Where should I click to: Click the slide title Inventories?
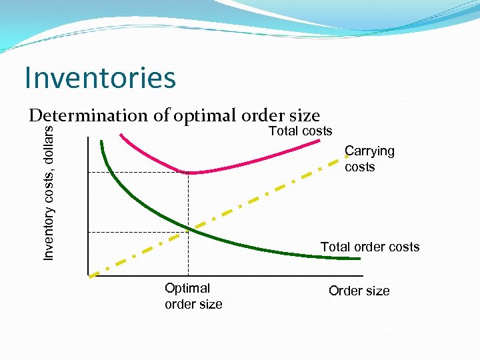click(100, 77)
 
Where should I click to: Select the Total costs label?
click(300, 131)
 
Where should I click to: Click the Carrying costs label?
click(369, 159)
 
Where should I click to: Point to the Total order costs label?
click(370, 247)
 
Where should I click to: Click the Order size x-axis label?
click(359, 291)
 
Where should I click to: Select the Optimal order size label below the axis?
click(193, 296)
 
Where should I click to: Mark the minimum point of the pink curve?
click(189, 173)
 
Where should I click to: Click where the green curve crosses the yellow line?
click(189, 231)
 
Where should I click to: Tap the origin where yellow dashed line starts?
click(89, 275)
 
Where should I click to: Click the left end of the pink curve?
click(121, 134)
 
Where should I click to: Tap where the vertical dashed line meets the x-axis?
click(189, 275)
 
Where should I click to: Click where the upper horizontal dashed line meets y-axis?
click(88, 173)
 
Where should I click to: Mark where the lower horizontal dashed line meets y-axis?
click(88, 231)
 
